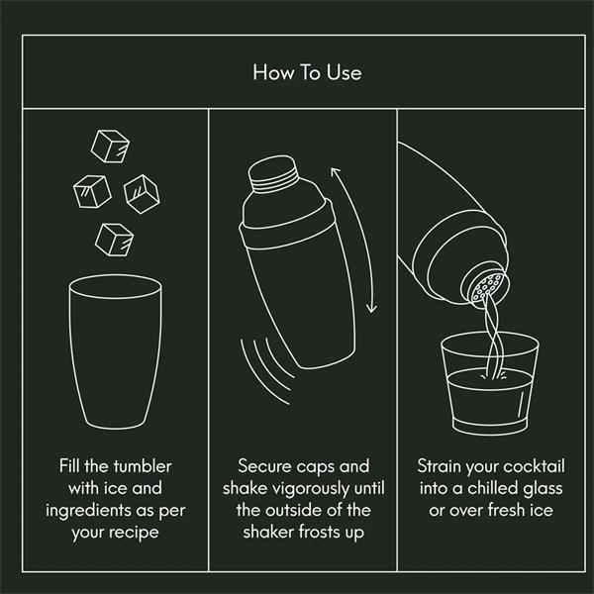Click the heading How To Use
[x=307, y=72]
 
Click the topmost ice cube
[x=110, y=147]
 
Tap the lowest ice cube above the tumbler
[x=115, y=240]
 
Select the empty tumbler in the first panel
[x=115, y=351]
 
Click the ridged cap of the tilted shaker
[x=273, y=173]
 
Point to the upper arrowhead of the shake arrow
[x=335, y=172]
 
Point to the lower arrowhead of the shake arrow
[x=372, y=308]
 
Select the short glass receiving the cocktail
[x=490, y=384]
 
